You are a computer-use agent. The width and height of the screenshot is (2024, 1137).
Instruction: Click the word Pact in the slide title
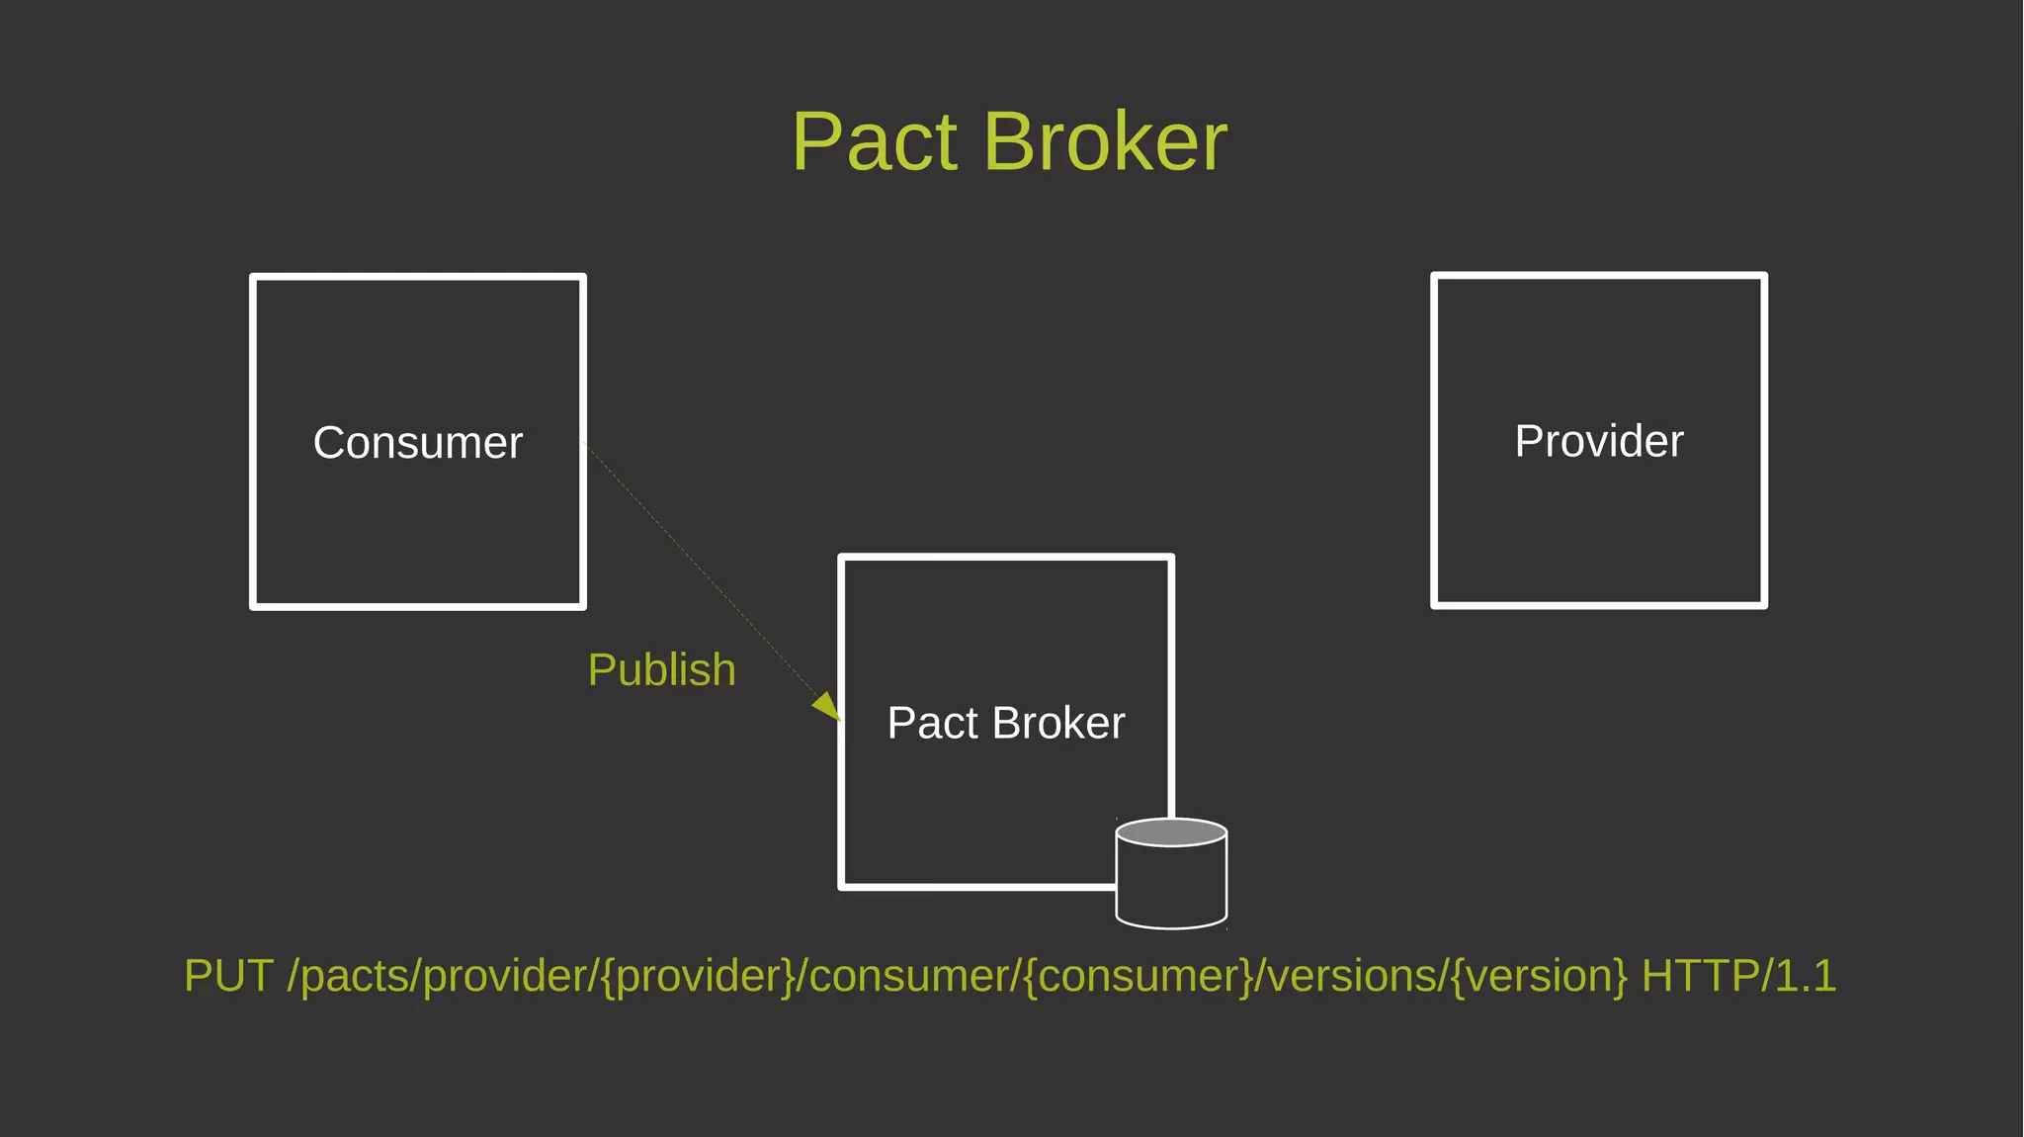point(875,141)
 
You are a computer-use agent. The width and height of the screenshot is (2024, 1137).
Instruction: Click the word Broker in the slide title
point(1105,141)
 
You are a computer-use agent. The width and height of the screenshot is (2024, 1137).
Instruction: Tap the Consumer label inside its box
point(417,443)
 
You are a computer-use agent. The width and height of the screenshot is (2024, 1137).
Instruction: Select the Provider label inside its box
point(1598,441)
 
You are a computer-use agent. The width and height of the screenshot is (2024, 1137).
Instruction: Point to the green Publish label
point(661,670)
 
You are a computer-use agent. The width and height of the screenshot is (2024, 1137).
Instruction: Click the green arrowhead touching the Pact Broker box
point(827,706)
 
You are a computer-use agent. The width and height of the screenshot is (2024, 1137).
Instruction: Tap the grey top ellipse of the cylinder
point(1171,832)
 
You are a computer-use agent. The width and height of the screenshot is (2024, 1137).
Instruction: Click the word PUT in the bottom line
point(228,977)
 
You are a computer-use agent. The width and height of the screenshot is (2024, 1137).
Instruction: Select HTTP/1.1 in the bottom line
point(1738,977)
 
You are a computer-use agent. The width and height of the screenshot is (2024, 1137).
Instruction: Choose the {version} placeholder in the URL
point(1539,977)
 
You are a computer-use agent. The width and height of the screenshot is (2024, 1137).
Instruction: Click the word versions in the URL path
point(1354,977)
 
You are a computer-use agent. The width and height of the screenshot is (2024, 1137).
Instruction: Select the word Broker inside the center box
point(1058,724)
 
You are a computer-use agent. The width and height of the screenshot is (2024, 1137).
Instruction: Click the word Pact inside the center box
point(933,724)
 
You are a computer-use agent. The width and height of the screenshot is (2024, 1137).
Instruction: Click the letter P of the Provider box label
point(1527,441)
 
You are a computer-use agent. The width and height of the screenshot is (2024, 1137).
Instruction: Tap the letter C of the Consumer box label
point(328,443)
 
